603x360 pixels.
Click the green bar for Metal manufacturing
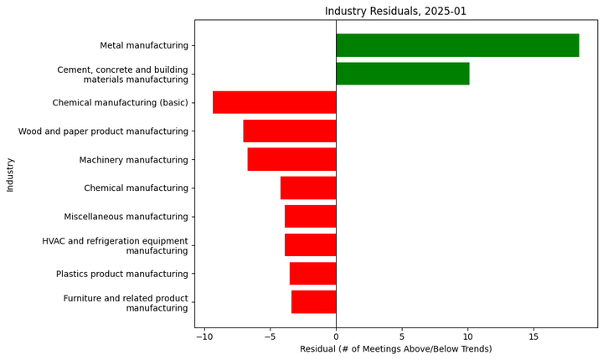pyautogui.click(x=457, y=45)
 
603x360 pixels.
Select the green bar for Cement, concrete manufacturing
pyautogui.click(x=402, y=74)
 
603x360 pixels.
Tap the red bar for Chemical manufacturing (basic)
pyautogui.click(x=274, y=102)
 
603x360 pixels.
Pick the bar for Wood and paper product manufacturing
pyautogui.click(x=290, y=131)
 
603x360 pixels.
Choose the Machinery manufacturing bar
pyautogui.click(x=291, y=160)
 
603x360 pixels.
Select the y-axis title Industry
pyautogui.click(x=10, y=174)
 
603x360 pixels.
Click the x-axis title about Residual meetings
pyautogui.click(x=395, y=349)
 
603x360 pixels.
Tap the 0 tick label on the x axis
pyautogui.click(x=336, y=337)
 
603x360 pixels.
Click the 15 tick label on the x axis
pyautogui.click(x=533, y=337)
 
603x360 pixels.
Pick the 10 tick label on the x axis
pyautogui.click(x=467, y=337)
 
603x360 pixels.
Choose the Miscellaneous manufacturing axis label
pyautogui.click(x=126, y=217)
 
